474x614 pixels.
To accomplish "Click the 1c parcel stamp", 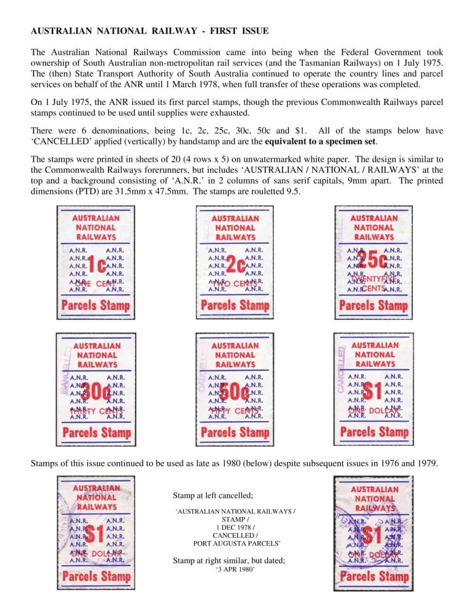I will coord(96,262).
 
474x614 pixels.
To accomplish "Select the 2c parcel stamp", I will coord(235,262).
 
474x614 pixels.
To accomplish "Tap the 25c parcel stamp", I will coord(373,262).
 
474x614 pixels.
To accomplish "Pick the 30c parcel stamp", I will coord(96,389).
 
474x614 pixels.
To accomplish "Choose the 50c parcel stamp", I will coord(235,389).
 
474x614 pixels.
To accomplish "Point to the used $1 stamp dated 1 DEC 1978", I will coord(96,532).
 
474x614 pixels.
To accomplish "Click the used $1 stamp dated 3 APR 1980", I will coord(374,532).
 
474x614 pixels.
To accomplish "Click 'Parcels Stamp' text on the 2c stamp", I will coord(235,305).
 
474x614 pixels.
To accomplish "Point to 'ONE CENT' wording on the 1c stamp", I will coord(96,284).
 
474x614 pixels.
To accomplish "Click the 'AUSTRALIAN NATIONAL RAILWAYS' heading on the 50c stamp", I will coord(235,355).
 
